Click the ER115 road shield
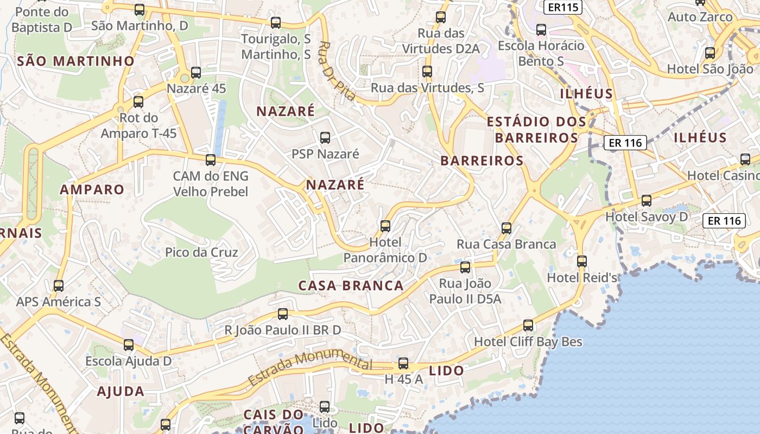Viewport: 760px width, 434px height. pos(562,7)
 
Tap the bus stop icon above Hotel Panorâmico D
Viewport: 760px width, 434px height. pos(385,226)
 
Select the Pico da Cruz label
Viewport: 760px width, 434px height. pos(201,252)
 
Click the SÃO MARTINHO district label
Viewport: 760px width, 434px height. pos(75,61)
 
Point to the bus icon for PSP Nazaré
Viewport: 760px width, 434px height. pos(325,138)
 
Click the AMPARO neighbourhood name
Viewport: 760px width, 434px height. pos(92,189)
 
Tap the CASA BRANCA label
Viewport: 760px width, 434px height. pos(351,285)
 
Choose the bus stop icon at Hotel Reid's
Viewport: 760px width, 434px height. pos(582,261)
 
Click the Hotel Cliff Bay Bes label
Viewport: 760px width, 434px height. pos(528,342)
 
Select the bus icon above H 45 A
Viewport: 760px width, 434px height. pos(403,363)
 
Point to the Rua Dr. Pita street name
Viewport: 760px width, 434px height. pos(337,71)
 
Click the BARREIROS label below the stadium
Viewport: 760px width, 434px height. pos(482,161)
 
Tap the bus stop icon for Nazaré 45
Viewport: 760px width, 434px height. pos(196,73)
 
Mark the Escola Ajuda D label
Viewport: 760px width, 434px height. pos(128,361)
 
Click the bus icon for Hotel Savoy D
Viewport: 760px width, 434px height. pos(647,201)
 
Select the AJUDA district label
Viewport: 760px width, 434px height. pos(121,391)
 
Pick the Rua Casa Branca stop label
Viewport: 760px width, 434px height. pos(506,244)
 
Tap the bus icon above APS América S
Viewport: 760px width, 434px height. pos(59,285)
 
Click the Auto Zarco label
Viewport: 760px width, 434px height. pos(700,17)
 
